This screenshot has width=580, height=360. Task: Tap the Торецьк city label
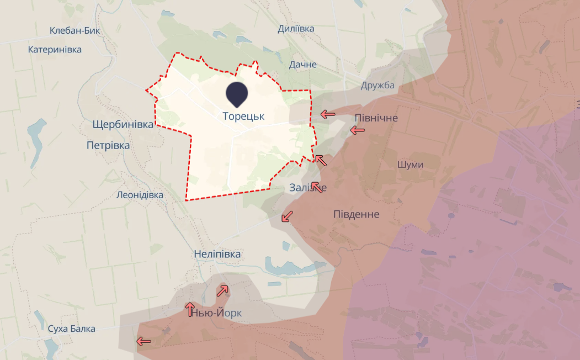243,117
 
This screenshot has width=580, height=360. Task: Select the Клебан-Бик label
75,31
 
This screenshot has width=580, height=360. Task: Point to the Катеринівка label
55,50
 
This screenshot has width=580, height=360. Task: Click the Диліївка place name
296,29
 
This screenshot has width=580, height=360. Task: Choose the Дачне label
303,65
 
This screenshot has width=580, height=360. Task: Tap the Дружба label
378,85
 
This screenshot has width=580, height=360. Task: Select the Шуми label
410,165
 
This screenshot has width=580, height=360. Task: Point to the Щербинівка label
123,125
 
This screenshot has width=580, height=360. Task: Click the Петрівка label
108,146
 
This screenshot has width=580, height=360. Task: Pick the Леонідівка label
140,195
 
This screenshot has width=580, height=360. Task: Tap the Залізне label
307,188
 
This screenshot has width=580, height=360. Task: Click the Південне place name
356,214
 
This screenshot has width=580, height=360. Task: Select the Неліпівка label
217,255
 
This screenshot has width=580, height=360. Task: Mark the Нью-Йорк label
217,314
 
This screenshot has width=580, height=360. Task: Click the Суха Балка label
71,329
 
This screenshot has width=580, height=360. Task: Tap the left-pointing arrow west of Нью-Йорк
143,341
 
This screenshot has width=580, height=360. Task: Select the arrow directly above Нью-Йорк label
190,307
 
